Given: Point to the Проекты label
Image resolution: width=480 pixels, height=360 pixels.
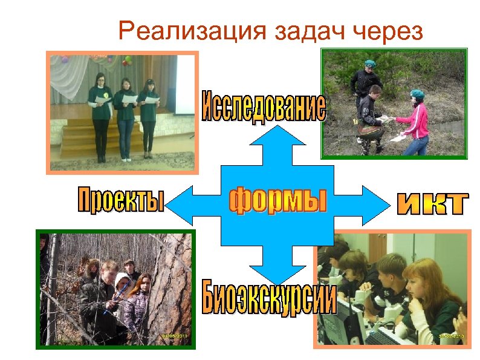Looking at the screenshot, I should click(x=121, y=200).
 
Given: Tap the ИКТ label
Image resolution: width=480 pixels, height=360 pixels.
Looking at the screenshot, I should click(x=432, y=205).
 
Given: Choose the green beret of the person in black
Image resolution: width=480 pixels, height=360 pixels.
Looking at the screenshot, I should click(x=368, y=63).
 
